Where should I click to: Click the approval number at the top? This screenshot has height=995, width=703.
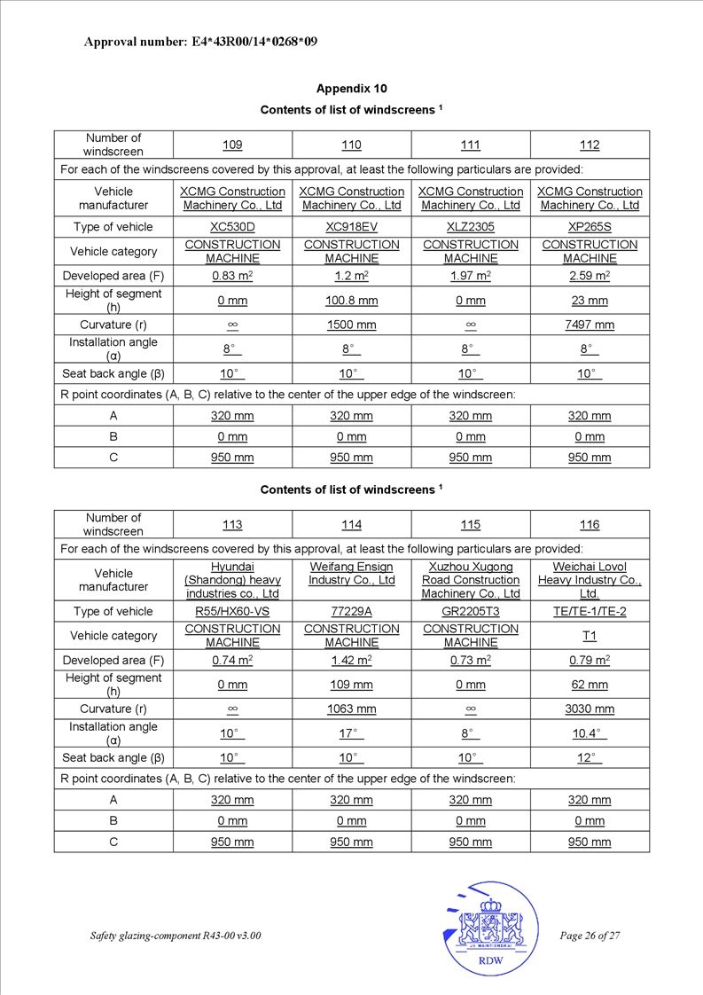[x=200, y=41]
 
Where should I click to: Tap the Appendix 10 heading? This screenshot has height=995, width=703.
[x=351, y=89]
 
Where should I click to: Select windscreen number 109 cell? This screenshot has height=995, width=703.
[x=232, y=145]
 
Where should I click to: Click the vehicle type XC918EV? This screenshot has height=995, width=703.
[x=351, y=227]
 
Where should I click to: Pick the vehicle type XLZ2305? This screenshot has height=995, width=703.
[x=470, y=227]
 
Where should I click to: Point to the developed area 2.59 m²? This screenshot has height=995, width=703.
[x=590, y=276]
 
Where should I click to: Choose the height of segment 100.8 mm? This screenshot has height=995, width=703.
[x=351, y=301]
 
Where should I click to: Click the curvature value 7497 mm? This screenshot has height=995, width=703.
[x=590, y=325]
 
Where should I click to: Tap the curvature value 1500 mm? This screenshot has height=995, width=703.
[x=351, y=325]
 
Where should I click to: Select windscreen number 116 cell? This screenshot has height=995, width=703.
[x=590, y=525]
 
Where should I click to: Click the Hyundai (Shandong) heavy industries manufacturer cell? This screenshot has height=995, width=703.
[x=232, y=580]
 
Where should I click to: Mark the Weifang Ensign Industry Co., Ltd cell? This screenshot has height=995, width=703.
[x=351, y=574]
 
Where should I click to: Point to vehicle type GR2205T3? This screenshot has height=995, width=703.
[x=470, y=611]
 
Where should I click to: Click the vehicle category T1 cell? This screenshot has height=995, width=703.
[x=590, y=636]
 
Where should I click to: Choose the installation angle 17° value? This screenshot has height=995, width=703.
[x=351, y=733]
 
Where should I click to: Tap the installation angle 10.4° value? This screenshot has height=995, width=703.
[x=590, y=733]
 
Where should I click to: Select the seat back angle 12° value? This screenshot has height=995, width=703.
[x=590, y=758]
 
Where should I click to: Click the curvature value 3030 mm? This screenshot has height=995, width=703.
[x=590, y=709]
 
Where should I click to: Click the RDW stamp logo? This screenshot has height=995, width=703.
[x=490, y=928]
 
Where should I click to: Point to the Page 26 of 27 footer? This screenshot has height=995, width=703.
[x=590, y=936]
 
